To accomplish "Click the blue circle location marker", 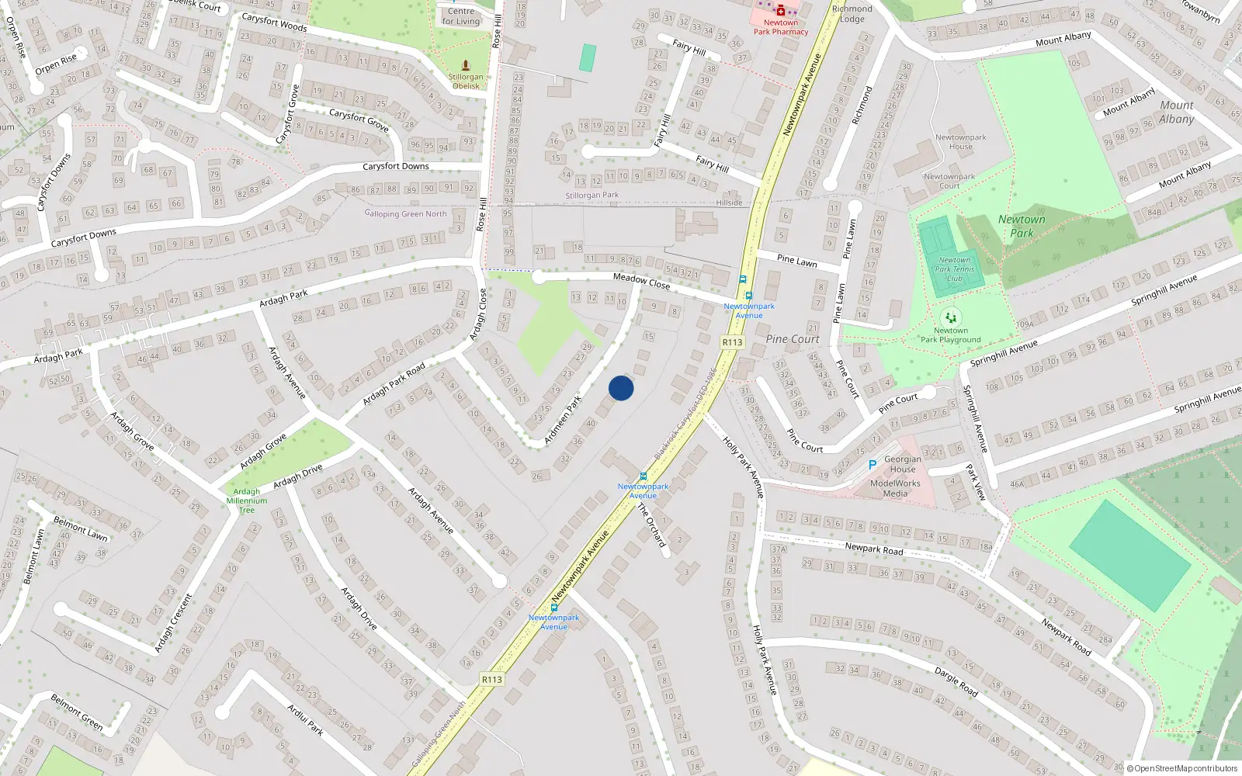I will pyautogui.click(x=621, y=388).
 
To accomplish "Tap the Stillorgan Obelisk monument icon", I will pyautogui.click(x=466, y=65).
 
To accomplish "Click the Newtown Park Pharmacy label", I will pyautogui.click(x=781, y=27).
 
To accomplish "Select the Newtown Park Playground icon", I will pyautogui.click(x=951, y=317).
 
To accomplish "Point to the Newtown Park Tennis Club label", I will pyautogui.click(x=954, y=269).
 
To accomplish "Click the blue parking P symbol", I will pyautogui.click(x=873, y=465).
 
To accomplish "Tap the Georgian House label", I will pyautogui.click(x=903, y=464).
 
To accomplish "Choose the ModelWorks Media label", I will pyautogui.click(x=895, y=488).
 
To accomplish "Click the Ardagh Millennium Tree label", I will pyautogui.click(x=247, y=501).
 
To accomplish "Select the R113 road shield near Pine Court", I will pyautogui.click(x=732, y=342).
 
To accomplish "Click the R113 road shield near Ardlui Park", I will pyautogui.click(x=492, y=680).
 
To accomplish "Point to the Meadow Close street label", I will pyautogui.click(x=641, y=281).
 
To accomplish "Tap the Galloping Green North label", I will pyautogui.click(x=406, y=213).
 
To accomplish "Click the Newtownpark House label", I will pyautogui.click(x=960, y=142).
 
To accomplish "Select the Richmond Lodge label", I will pyautogui.click(x=852, y=14).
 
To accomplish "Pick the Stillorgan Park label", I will pyautogui.click(x=592, y=196).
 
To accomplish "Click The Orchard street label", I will pyautogui.click(x=652, y=525).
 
